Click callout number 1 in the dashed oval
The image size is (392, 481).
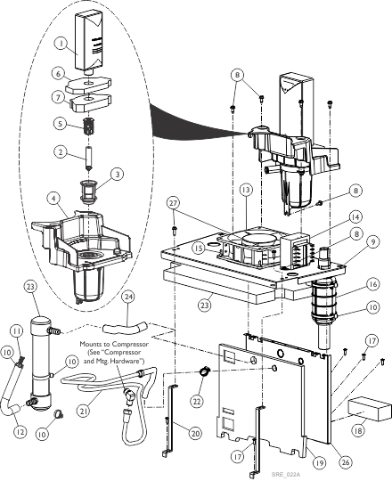pos(61,44)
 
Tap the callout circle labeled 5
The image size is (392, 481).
pos(60,124)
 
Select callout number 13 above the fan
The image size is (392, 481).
pos(246,191)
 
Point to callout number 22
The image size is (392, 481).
pos(197,400)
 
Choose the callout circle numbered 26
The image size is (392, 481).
pos(346,462)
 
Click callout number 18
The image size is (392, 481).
pos(357,431)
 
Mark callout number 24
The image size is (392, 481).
pos(129,297)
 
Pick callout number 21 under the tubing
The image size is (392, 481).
pos(84,411)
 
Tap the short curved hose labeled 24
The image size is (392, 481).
pos(125,328)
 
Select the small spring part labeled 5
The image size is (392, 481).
pos(88,126)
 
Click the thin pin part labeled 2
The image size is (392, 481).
pos(88,156)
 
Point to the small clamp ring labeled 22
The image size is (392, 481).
pos(203,371)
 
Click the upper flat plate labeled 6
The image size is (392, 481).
pos(88,86)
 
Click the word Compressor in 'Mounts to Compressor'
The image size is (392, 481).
pos(130,344)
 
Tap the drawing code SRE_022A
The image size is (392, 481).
pos(286,475)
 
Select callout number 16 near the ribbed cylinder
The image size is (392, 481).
pos(372,284)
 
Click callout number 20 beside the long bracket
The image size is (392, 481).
pos(195,433)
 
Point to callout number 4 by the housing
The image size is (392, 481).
pos(53,199)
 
